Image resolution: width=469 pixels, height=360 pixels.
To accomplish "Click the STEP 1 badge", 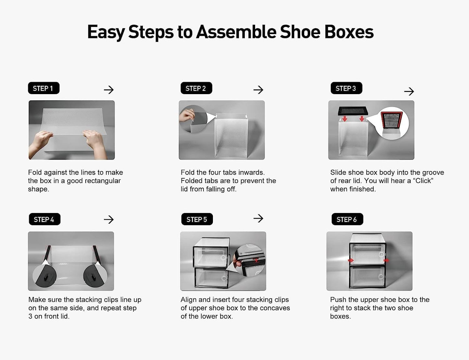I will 43,88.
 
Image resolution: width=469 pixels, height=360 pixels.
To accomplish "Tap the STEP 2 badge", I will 196,88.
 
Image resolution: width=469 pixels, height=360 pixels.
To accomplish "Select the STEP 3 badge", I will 346,88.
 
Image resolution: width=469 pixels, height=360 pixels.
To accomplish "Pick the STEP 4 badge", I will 44,219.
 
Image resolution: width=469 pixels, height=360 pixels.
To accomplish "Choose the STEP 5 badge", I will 197,219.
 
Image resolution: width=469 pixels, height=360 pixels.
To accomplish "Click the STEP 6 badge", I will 347,219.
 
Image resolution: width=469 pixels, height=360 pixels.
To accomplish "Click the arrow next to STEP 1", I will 109,90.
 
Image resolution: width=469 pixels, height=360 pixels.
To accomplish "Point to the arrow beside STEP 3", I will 409,92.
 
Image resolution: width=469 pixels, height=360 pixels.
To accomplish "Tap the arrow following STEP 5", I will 258,218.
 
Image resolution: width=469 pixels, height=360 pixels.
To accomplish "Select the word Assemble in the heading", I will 236,32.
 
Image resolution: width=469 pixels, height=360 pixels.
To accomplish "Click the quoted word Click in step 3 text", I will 423,181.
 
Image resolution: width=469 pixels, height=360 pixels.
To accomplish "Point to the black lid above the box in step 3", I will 353,111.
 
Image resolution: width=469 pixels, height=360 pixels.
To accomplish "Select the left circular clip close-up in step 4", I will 45,276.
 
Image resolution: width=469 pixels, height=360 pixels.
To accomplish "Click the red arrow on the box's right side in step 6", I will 386,260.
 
